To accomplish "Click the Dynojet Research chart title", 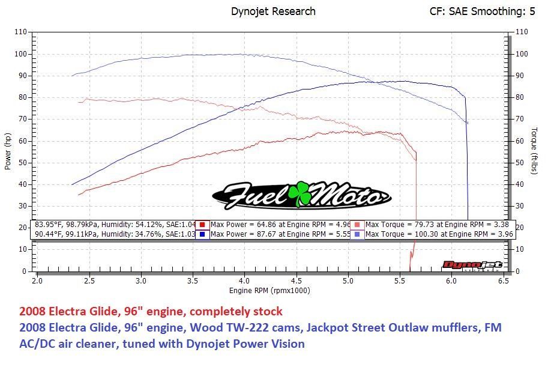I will click(x=273, y=11).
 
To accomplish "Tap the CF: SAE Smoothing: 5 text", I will click(x=482, y=11).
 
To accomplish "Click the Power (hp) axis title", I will click(x=8, y=151).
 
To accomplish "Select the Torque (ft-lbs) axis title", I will click(x=534, y=151).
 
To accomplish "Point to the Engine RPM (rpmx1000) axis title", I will click(x=269, y=291).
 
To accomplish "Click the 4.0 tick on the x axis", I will click(x=244, y=280).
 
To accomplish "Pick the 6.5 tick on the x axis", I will click(x=503, y=280).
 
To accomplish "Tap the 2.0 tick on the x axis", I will click(x=37, y=280).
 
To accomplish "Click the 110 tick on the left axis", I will click(x=20, y=32).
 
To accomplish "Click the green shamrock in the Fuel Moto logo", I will click(x=298, y=193).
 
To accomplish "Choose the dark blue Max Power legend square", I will click(x=203, y=234).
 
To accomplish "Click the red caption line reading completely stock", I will click(x=151, y=312).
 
